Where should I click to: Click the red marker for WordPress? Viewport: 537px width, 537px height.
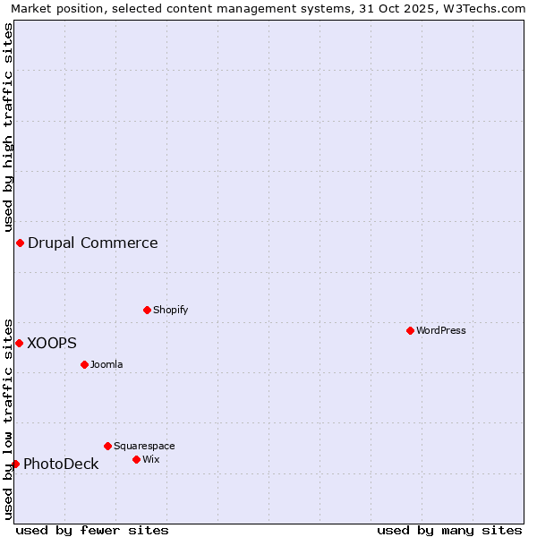pos(410,330)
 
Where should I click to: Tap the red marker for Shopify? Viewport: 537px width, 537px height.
pos(147,310)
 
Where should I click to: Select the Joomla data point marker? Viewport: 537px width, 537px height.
pos(84,364)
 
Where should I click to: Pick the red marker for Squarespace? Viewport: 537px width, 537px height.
pos(107,446)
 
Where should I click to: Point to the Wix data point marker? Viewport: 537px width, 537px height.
pos(136,459)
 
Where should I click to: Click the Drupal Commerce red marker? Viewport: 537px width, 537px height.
pos(20,243)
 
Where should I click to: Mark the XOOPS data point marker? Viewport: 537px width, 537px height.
pos(19,343)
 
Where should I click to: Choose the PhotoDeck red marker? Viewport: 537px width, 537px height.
pos(15,464)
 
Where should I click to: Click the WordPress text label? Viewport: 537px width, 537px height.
pos(441,330)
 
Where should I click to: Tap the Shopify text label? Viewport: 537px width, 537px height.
pos(170,310)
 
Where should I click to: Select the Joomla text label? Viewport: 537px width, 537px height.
pos(107,364)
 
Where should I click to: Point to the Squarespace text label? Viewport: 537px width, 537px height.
pos(144,446)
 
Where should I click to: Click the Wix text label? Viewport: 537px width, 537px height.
pos(150,459)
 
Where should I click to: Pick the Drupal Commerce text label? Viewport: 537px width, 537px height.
pos(93,243)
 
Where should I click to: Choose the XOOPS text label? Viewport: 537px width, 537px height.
pos(52,343)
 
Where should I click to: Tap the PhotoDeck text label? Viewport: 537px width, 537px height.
pos(61,464)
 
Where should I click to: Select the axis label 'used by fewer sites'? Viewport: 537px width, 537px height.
pos(92,530)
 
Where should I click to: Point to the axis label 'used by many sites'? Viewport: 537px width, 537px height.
pos(449,530)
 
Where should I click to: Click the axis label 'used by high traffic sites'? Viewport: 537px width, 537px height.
pos(8,126)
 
